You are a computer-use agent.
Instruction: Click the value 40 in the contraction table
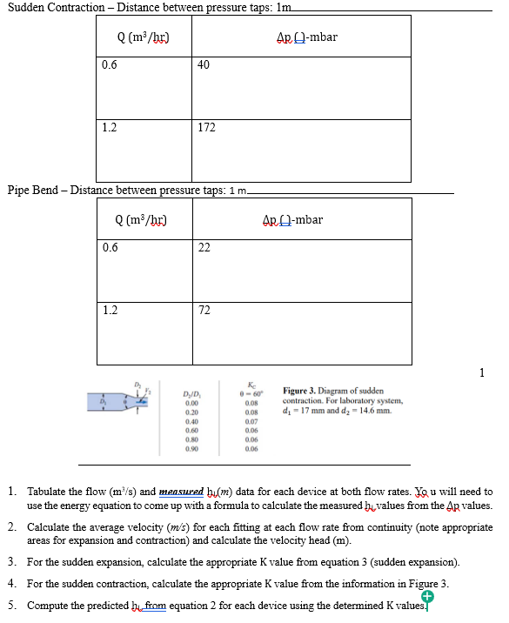(x=204, y=64)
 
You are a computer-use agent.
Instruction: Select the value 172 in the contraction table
(x=206, y=128)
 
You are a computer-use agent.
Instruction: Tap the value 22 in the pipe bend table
(x=204, y=248)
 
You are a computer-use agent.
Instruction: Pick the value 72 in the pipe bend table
(x=204, y=310)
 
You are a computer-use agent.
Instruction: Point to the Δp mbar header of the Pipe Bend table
(x=292, y=219)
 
